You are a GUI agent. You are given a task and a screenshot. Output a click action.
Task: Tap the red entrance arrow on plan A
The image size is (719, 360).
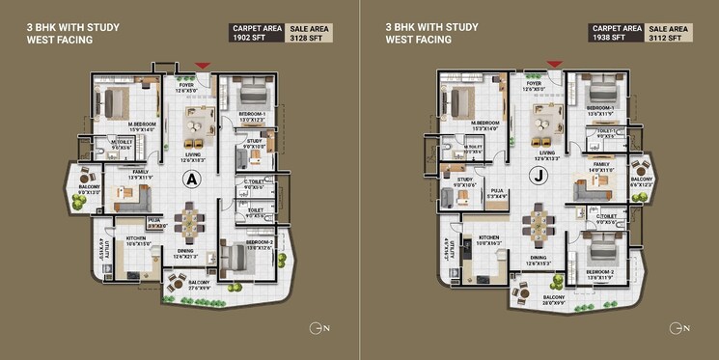(202, 66)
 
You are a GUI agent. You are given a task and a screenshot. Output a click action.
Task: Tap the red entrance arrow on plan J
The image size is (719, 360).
(554, 64)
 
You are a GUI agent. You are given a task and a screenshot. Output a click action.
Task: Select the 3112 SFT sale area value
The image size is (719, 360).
(668, 37)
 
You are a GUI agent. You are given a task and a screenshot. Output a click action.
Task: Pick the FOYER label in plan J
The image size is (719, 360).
(532, 84)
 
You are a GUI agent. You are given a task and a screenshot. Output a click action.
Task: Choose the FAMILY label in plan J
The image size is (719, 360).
(600, 164)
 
